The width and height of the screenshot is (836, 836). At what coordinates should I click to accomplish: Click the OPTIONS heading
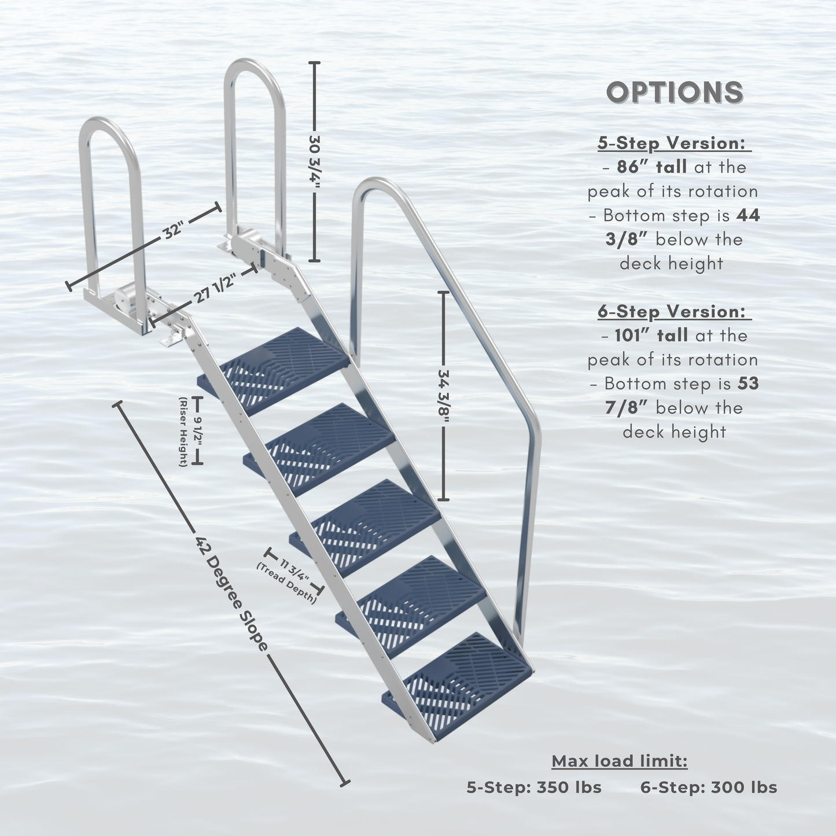coord(675,93)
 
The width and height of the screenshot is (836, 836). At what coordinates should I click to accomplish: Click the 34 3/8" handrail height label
coord(443,396)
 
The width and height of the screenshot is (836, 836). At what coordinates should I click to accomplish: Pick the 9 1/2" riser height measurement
coord(197,429)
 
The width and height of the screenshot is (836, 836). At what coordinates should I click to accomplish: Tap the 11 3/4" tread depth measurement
coord(294,571)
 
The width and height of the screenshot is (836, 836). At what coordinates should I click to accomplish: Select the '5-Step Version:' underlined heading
coord(674,143)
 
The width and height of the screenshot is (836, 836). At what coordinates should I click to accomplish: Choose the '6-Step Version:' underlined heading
coord(674,311)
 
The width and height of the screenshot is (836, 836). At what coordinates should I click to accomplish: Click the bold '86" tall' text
coord(651,167)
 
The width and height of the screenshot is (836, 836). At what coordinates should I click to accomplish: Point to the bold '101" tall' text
coord(651,335)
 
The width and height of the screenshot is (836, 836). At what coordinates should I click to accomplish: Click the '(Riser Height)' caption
coord(183,432)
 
